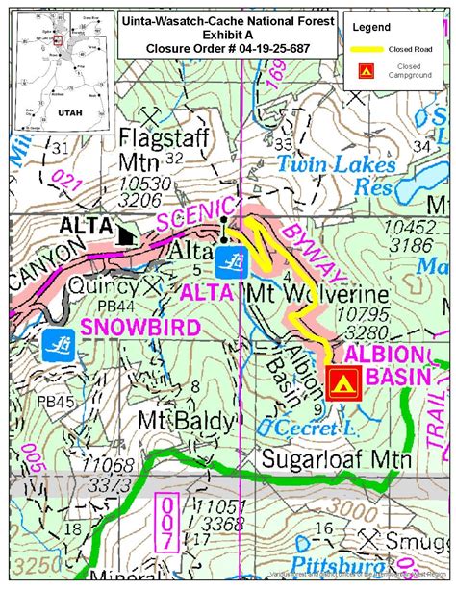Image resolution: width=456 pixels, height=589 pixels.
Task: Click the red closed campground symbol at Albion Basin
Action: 342,382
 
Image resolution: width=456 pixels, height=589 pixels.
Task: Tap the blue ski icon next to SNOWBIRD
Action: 56,342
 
